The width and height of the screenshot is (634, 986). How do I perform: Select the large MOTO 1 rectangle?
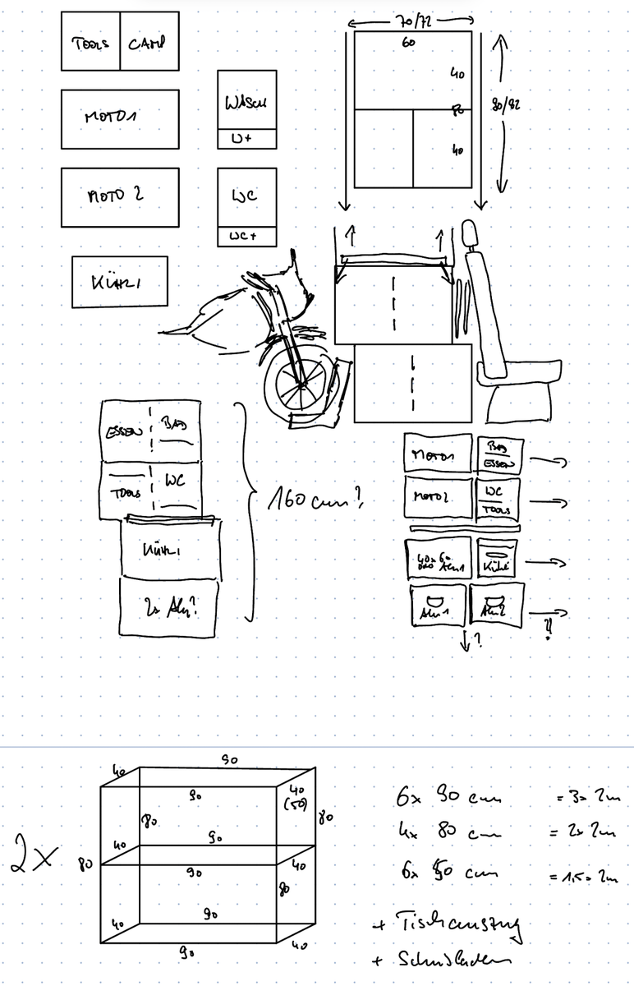(x=120, y=119)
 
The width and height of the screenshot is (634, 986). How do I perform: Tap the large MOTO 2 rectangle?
(x=120, y=197)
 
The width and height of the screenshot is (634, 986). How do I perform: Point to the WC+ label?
(x=246, y=237)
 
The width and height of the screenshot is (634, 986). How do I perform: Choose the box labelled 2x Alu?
(x=169, y=609)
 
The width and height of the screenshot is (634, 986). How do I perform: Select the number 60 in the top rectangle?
(x=408, y=42)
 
